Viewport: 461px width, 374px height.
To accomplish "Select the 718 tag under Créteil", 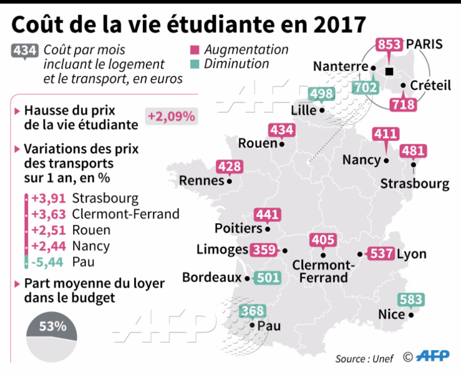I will click(x=403, y=104).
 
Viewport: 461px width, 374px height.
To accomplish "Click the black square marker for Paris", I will click(x=389, y=71).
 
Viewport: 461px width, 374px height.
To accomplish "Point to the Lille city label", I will click(x=304, y=110).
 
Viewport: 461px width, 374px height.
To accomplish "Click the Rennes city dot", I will click(x=229, y=182).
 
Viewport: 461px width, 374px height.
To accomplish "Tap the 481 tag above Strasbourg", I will click(x=413, y=151).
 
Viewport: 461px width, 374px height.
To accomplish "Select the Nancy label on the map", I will click(x=361, y=160).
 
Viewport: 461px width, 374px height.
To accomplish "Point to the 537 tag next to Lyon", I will click(x=381, y=254).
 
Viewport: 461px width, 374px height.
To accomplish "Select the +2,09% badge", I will click(x=171, y=116).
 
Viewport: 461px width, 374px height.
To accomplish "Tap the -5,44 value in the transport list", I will click(x=48, y=261).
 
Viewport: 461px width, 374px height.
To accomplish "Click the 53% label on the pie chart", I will click(x=52, y=326).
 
